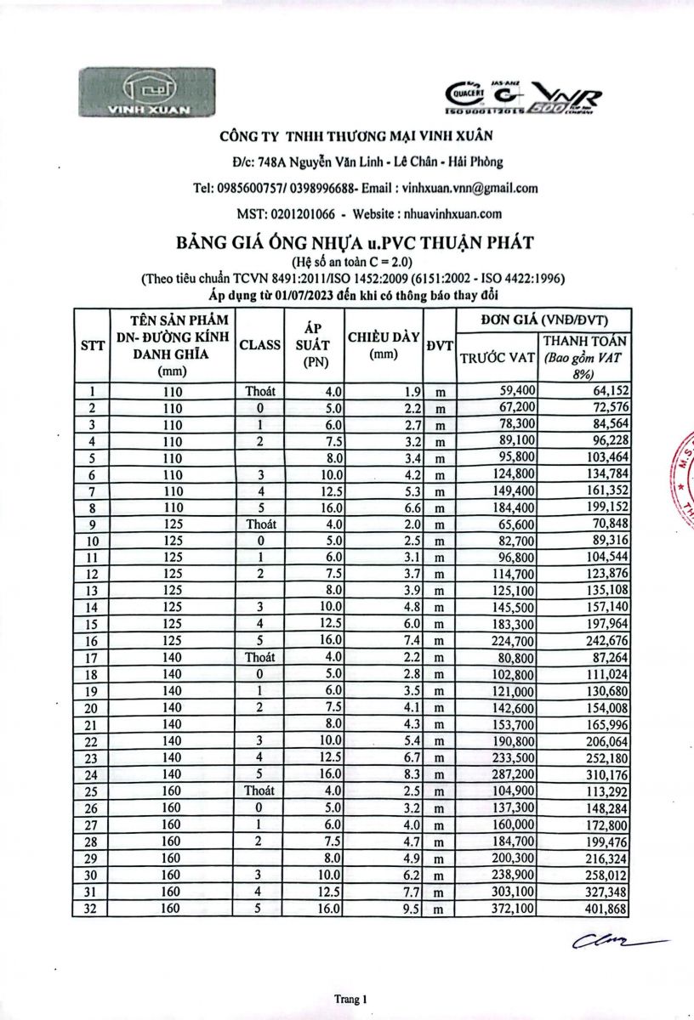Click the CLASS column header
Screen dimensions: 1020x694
pos(260,345)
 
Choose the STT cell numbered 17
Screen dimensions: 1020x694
pos(92,657)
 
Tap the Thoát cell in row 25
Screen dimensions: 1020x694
pos(260,790)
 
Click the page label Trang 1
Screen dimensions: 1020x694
pos(350,1000)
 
